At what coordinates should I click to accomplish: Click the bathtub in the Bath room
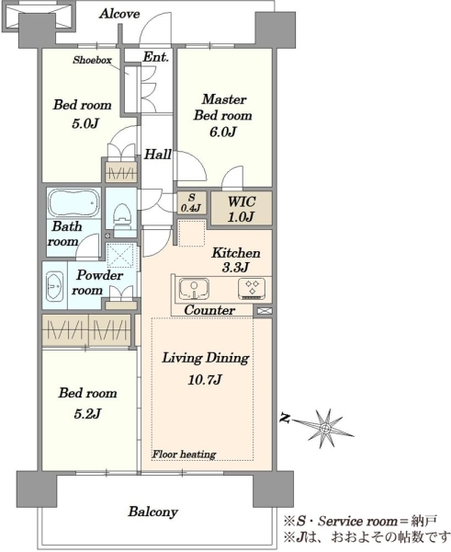point(73,203)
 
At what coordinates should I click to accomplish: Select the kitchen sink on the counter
point(194,289)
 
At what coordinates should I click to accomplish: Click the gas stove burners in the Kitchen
point(252,288)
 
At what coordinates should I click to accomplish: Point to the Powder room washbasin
point(54,286)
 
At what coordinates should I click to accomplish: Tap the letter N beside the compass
point(286,419)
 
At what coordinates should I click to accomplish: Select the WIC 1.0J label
point(242,209)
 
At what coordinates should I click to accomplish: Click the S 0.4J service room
point(191,202)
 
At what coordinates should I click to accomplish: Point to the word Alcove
point(119,14)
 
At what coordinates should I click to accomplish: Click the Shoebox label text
point(92,60)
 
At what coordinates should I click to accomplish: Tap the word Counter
point(209,310)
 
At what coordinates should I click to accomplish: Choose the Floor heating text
point(185,454)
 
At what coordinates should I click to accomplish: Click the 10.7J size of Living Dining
point(205,379)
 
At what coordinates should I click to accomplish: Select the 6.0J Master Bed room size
point(223,132)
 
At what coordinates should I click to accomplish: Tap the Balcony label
point(152,512)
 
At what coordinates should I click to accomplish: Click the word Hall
point(158,155)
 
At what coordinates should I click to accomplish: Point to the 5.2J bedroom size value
point(87,413)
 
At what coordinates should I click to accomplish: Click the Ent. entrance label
point(156,57)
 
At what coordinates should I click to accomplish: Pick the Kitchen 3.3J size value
point(236,267)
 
